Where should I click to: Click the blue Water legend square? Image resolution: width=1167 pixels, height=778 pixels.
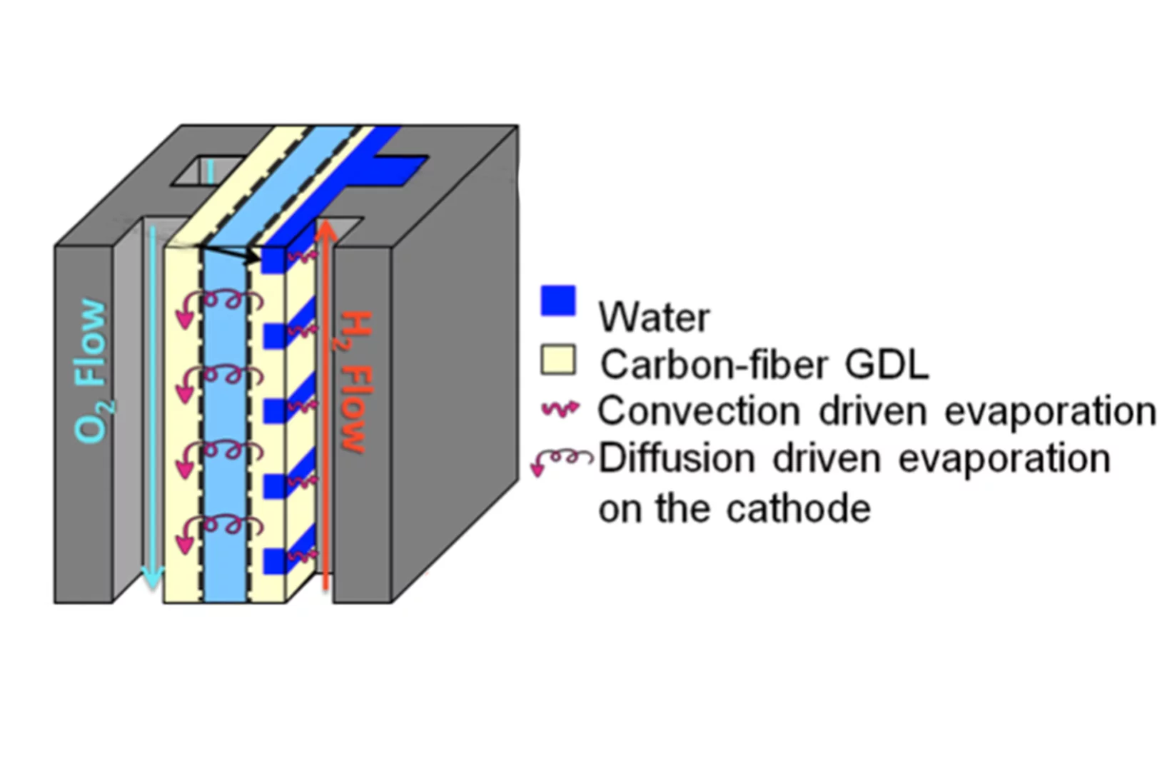(x=558, y=300)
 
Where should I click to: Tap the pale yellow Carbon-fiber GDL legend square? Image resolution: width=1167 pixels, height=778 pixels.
(x=558, y=360)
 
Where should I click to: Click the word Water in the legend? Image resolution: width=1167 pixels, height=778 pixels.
(x=654, y=317)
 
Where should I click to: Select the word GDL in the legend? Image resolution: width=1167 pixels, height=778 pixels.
(x=886, y=364)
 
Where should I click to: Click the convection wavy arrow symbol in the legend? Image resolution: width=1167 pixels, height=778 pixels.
(x=560, y=409)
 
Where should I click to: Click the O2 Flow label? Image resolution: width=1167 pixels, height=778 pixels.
(x=94, y=371)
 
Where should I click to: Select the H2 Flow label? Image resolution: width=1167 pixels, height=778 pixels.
(x=353, y=382)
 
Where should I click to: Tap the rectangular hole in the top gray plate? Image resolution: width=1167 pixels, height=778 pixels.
(x=203, y=171)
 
